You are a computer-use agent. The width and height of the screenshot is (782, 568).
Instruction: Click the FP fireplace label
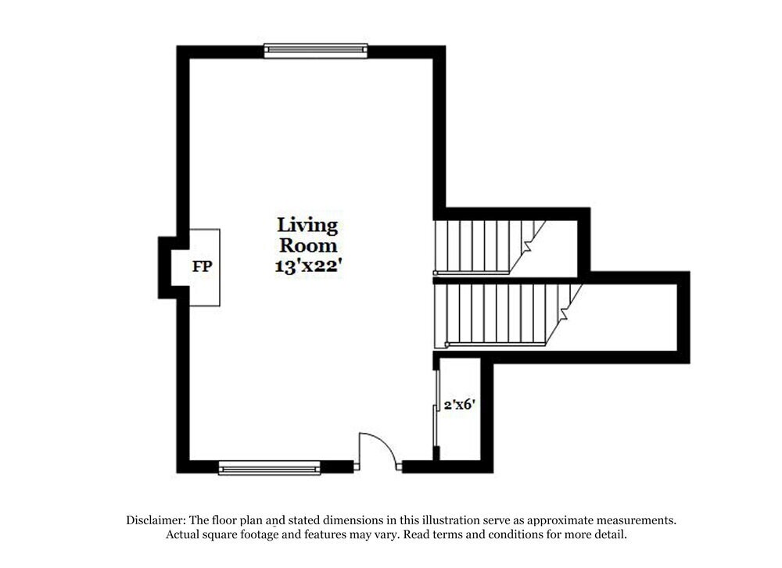click(202, 266)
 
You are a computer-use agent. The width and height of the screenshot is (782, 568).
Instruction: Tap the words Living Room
click(307, 235)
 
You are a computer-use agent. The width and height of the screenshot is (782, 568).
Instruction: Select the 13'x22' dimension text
click(307, 265)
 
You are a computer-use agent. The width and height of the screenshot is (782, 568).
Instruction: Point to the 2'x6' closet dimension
click(459, 405)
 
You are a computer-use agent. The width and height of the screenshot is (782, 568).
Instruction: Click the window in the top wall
click(315, 51)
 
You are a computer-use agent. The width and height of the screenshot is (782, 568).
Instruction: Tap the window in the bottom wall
click(270, 468)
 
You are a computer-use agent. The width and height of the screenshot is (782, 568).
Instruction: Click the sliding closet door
click(436, 406)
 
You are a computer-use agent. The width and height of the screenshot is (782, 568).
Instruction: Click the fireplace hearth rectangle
click(204, 266)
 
